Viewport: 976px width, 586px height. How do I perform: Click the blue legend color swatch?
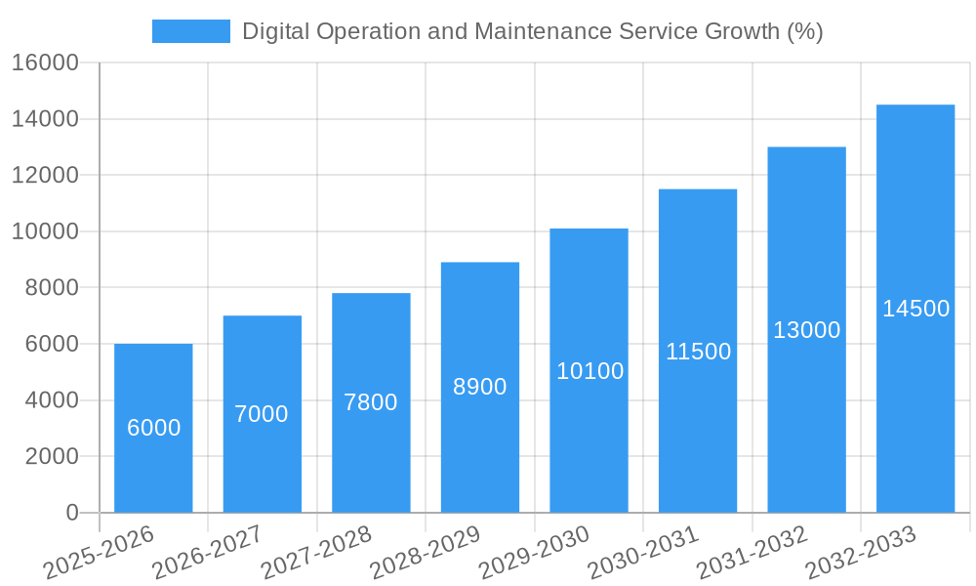[191, 31]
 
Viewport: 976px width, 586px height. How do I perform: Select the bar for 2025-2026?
[153, 469]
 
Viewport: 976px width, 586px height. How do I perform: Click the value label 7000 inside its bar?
[262, 414]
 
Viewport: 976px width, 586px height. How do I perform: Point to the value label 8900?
[480, 387]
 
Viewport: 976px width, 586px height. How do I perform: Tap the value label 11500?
[698, 352]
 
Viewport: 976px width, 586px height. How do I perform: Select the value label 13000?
[807, 330]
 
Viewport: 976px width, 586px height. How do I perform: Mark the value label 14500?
[915, 309]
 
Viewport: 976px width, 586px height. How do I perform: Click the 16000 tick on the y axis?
[45, 63]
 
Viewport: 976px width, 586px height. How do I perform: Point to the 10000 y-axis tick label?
[45, 231]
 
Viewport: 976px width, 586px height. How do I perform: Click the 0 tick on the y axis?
[71, 513]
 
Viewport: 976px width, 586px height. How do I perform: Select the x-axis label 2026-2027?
[207, 553]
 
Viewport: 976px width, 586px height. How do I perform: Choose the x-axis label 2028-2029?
[426, 553]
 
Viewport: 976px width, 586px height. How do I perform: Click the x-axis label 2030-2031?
[643, 553]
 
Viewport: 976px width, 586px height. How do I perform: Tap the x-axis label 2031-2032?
[752, 553]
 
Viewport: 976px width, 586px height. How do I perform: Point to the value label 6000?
[153, 428]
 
